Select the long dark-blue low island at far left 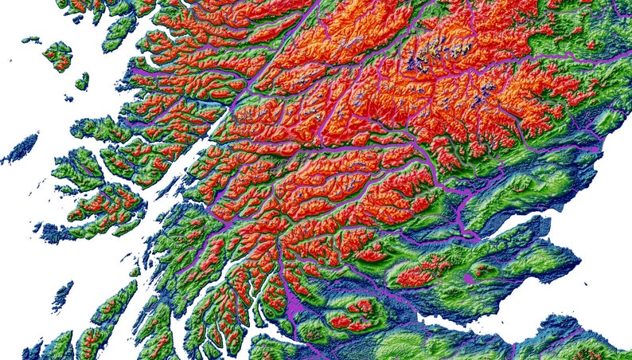tap(20, 148)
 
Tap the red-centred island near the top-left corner tap(57, 56)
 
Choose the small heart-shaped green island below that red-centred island tap(82, 81)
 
